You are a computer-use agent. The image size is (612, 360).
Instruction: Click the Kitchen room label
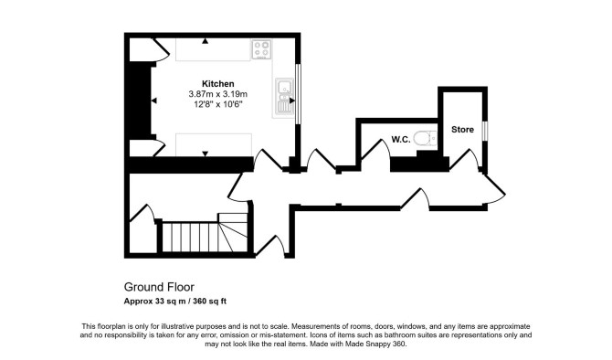pyautogui.click(x=217, y=83)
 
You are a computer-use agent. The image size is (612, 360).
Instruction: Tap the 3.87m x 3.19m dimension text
pyautogui.click(x=217, y=94)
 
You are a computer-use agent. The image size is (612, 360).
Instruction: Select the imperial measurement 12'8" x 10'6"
pyautogui.click(x=217, y=104)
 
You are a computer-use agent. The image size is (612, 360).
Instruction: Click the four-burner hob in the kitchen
pyautogui.click(x=261, y=49)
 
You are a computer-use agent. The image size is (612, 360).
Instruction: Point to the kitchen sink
pyautogui.click(x=284, y=97)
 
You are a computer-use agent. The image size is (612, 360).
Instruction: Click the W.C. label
pyautogui.click(x=401, y=140)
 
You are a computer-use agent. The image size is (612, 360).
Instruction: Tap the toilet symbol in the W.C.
pyautogui.click(x=426, y=138)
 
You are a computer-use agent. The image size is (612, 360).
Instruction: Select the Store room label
pyautogui.click(x=462, y=129)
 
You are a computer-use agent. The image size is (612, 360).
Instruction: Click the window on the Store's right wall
pyautogui.click(x=485, y=131)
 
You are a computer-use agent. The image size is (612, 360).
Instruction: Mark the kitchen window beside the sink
pyautogui.click(x=298, y=94)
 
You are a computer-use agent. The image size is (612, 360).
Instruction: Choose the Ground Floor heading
pyautogui.click(x=159, y=287)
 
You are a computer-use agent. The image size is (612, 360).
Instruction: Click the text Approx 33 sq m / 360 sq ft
pyautogui.click(x=174, y=301)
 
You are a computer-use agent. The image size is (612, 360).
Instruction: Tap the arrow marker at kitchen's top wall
pyautogui.click(x=205, y=40)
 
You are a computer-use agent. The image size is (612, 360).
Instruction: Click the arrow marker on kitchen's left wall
pyautogui.click(x=153, y=101)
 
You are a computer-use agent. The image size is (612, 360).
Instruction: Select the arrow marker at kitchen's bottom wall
pyautogui.click(x=205, y=154)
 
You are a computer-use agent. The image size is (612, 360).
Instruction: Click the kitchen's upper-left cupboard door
pyautogui.click(x=161, y=49)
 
